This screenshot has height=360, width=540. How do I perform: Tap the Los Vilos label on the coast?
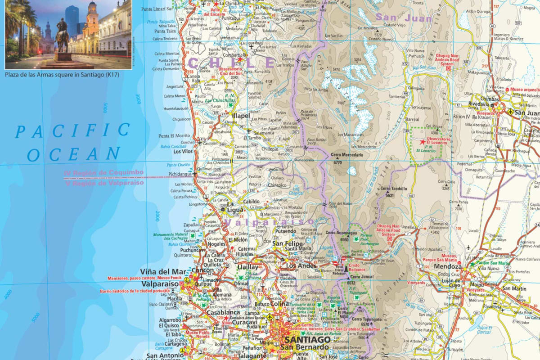tap(183, 152)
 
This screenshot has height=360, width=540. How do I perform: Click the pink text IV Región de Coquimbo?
tap(104, 173)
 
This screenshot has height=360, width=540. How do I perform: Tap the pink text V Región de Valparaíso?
tap(104, 183)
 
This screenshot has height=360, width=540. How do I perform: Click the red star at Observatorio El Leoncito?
tap(422, 142)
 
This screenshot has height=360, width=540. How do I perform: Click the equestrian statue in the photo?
tap(63, 38)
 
